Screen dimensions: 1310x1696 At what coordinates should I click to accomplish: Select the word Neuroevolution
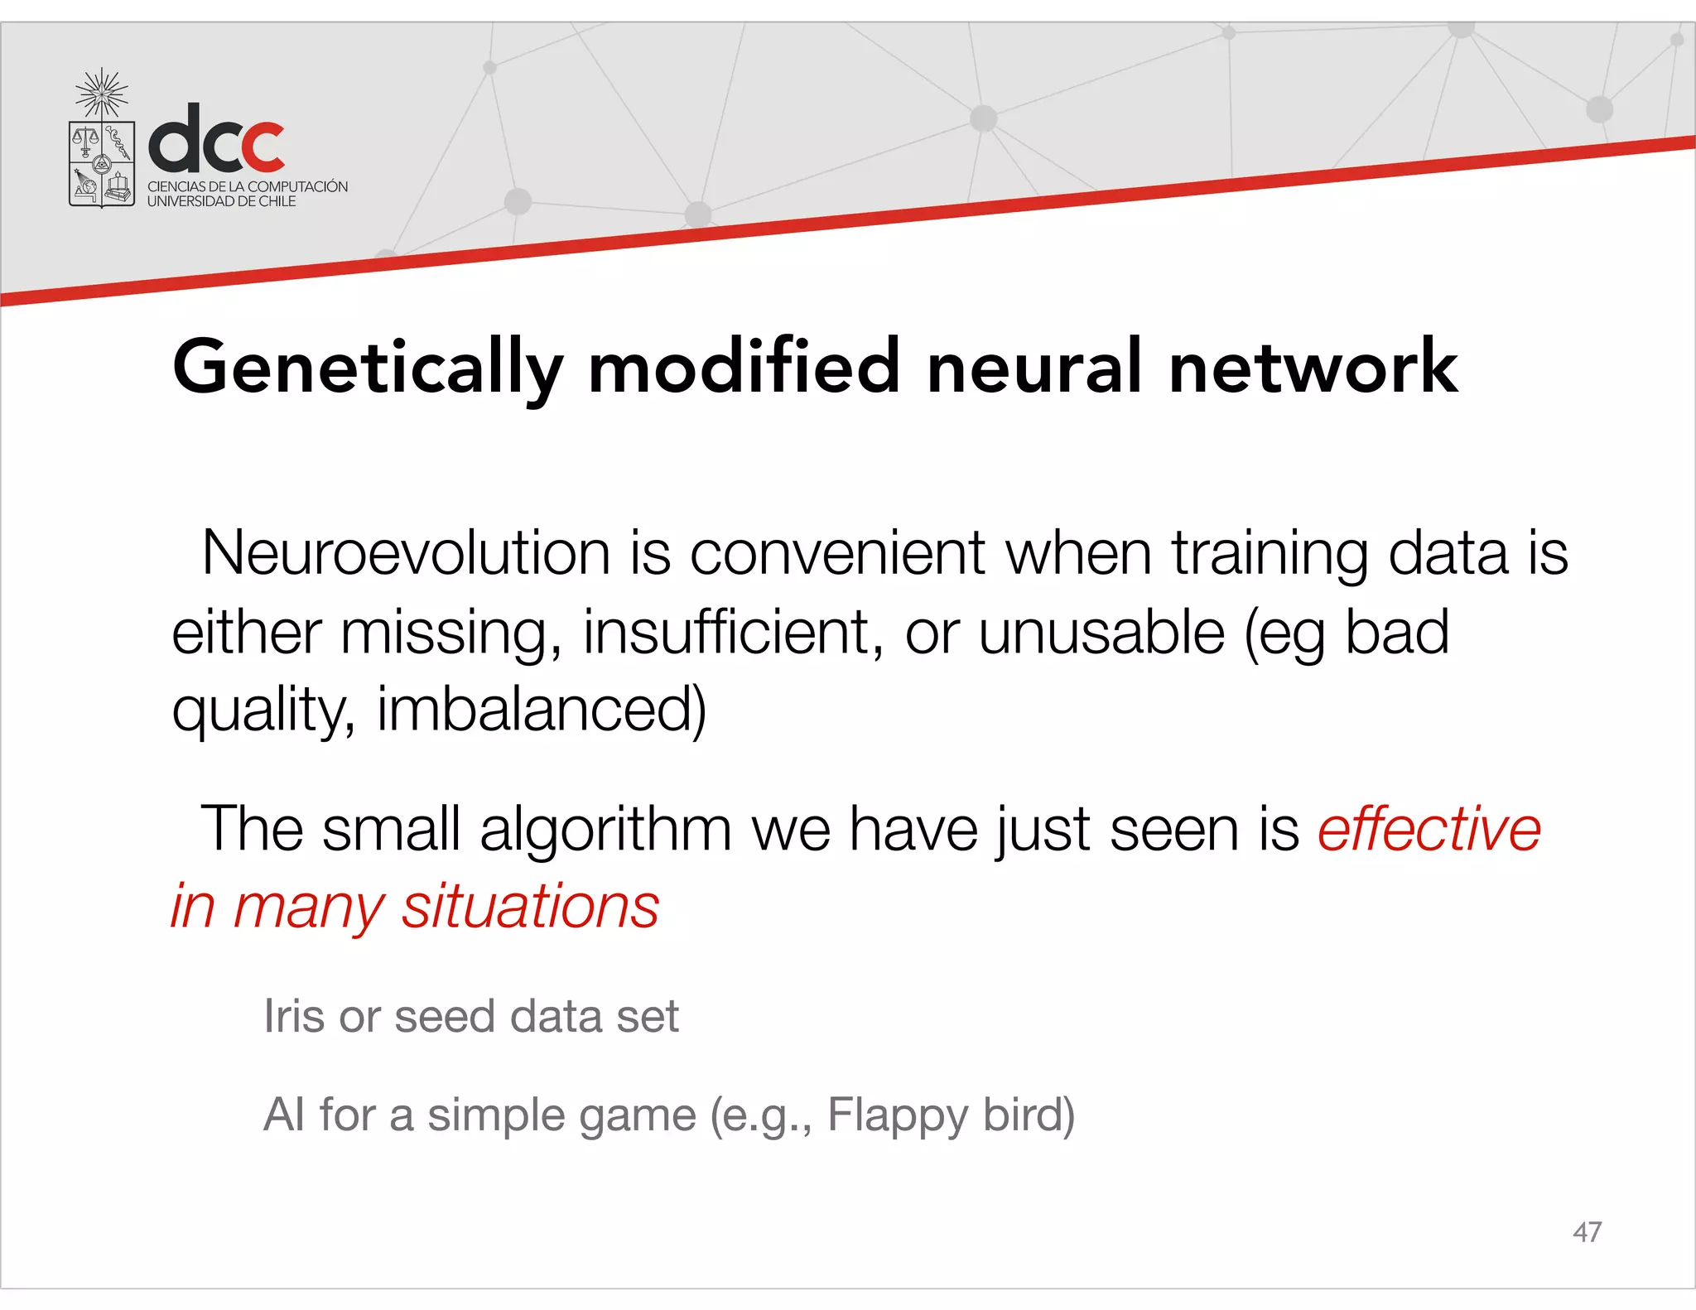click(406, 553)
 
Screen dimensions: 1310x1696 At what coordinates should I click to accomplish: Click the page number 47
click(1586, 1231)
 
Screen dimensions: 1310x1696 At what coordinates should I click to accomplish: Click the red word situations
click(530, 906)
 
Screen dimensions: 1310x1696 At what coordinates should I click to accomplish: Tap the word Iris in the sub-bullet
click(293, 1016)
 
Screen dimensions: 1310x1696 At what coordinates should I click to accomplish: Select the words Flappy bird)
click(951, 1115)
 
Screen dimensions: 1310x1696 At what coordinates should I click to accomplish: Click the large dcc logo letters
click(217, 139)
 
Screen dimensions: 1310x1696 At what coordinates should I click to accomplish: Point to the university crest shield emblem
click(101, 163)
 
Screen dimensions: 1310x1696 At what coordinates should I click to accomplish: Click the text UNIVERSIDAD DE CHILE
click(221, 201)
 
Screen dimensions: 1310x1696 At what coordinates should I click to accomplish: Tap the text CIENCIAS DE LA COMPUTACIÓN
click(248, 186)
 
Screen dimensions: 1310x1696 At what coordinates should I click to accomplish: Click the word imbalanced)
click(542, 710)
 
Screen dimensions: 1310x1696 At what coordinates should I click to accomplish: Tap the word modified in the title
click(744, 367)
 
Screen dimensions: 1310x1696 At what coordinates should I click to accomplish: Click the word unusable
click(1101, 632)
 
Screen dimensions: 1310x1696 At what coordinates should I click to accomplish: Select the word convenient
click(837, 553)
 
